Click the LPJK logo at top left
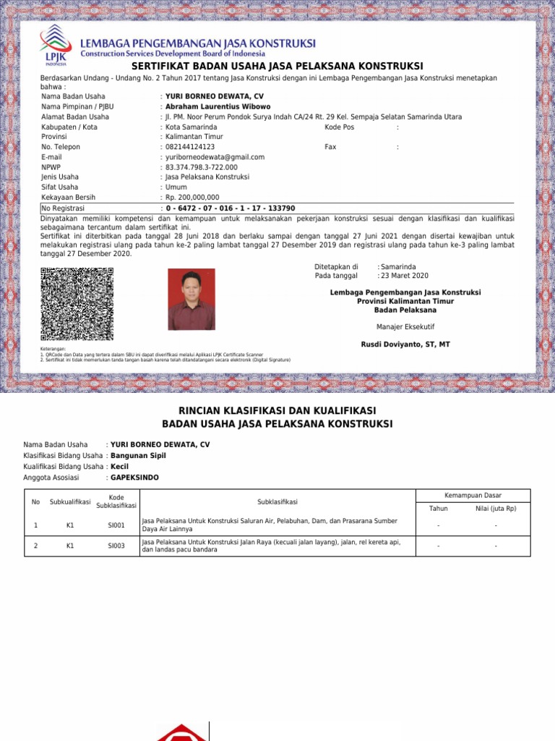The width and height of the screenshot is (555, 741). tap(56, 45)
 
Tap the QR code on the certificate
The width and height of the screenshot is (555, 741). tap(77, 304)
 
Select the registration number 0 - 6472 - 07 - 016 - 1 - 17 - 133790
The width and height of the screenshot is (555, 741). tap(231, 208)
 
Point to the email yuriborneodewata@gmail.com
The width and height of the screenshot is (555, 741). tap(215, 157)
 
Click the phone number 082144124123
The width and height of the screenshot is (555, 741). tap(190, 147)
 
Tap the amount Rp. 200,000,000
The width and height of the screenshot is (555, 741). tap(192, 197)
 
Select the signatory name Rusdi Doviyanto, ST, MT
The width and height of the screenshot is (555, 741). tap(405, 344)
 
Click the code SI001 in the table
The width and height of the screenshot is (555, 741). tap(116, 525)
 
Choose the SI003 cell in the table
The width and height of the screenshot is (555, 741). tap(116, 546)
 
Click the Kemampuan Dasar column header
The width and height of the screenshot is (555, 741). tap(473, 495)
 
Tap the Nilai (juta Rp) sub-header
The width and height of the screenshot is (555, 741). tap(496, 509)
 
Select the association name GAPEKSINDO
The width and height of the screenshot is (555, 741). tap(134, 478)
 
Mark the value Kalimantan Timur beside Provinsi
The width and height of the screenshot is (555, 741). tap(194, 137)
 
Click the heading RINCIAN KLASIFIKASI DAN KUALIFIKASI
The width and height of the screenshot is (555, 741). tap(277, 410)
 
